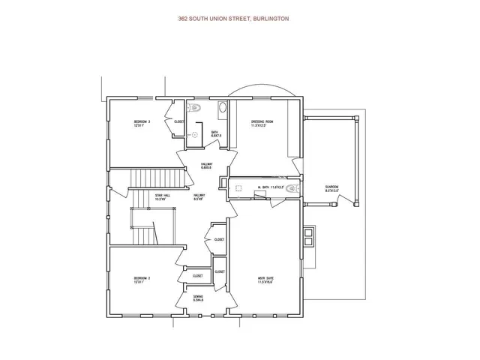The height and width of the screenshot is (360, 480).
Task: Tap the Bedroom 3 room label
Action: (142, 124)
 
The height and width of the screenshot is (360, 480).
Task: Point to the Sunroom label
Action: (331, 188)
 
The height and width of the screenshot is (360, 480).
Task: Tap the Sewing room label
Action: (197, 298)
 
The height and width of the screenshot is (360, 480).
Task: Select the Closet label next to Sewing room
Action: (198, 275)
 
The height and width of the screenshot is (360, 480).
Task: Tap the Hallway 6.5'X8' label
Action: (199, 197)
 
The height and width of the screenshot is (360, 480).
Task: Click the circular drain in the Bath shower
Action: (193, 135)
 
